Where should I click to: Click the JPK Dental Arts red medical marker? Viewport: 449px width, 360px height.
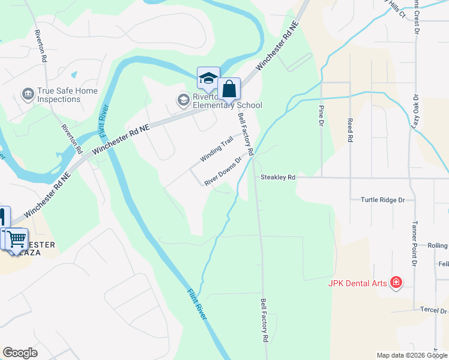point(396,282)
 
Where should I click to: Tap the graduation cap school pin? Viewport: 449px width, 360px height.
point(208,78)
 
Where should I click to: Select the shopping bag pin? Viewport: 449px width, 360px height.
point(229,89)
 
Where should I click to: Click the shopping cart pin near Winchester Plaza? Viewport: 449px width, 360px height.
point(16,238)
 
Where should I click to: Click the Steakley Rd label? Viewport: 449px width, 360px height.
point(278,178)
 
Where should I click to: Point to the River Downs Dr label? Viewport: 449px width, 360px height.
point(222,172)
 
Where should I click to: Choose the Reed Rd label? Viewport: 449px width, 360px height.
point(349,130)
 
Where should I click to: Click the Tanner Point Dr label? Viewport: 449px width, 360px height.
point(414,242)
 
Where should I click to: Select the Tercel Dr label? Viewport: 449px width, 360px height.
point(435,311)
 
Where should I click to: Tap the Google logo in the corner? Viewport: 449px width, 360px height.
point(20,353)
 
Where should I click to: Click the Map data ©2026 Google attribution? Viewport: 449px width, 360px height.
point(412,355)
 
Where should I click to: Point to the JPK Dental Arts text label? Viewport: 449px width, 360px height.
point(357,283)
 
